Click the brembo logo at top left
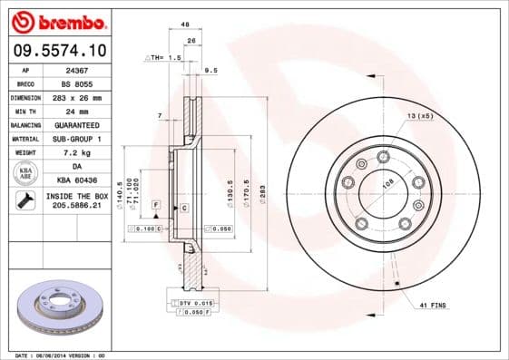click(59, 21)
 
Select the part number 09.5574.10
click(59, 50)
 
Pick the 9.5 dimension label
click(210, 70)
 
